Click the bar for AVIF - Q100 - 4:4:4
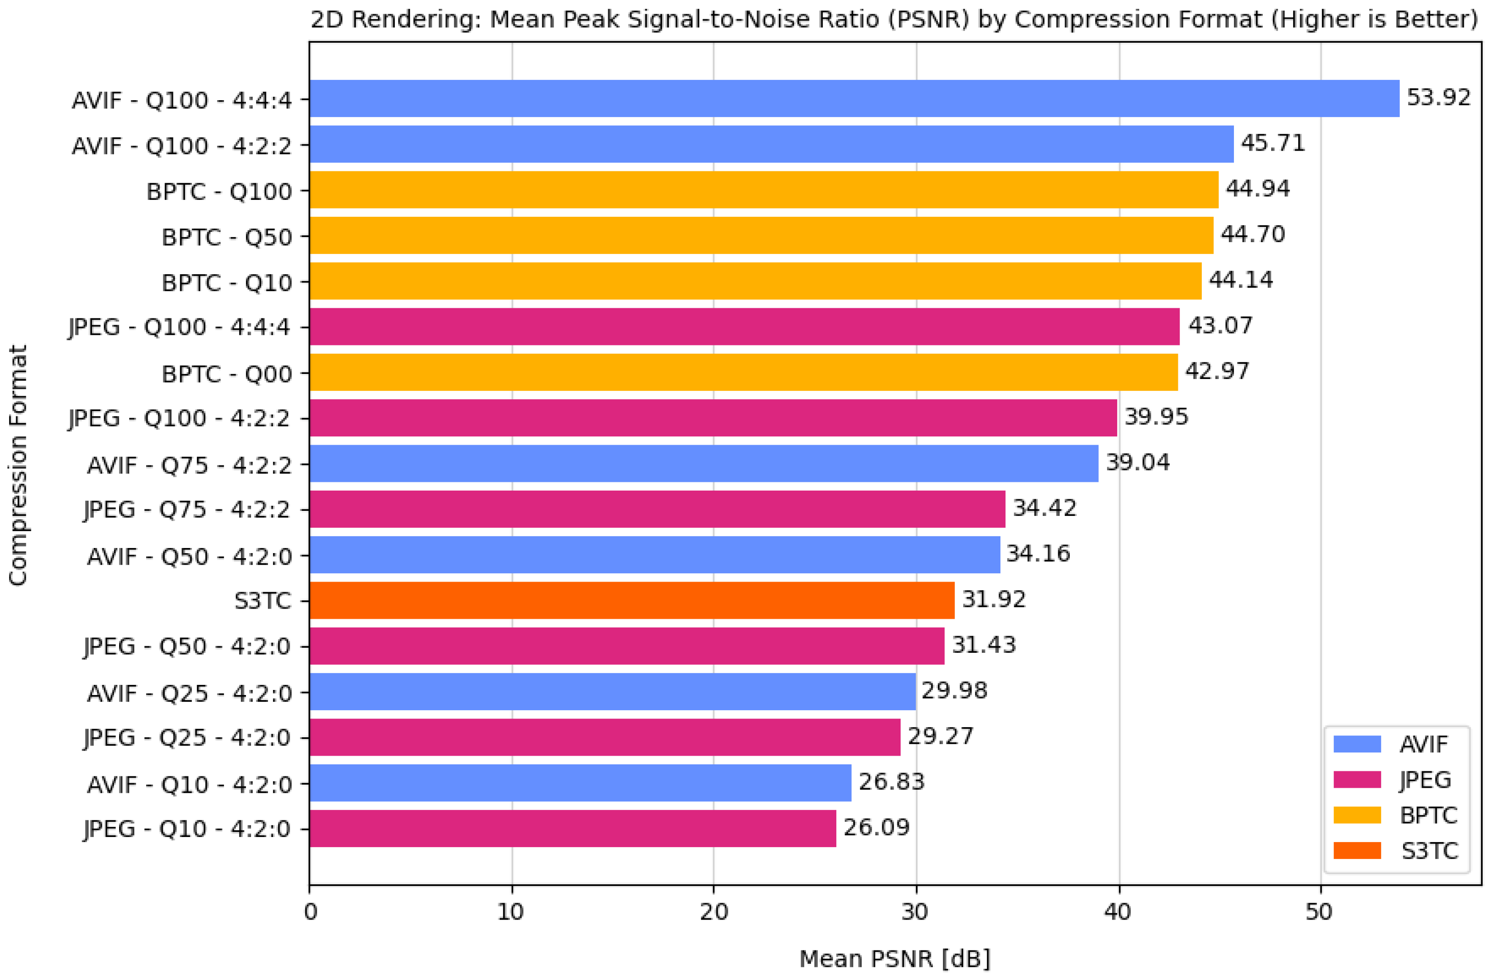[855, 98]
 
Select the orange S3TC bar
[632, 600]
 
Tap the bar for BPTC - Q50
[762, 235]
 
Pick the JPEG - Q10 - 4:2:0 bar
[573, 828]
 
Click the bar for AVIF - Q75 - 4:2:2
[704, 464]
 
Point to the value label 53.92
[1439, 97]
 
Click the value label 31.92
[994, 599]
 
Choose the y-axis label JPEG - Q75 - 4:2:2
[187, 509]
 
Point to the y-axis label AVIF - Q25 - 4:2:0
[189, 693]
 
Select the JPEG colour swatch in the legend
[1357, 780]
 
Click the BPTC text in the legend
[1429, 815]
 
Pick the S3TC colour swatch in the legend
[1357, 851]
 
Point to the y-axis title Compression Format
[17, 465]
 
